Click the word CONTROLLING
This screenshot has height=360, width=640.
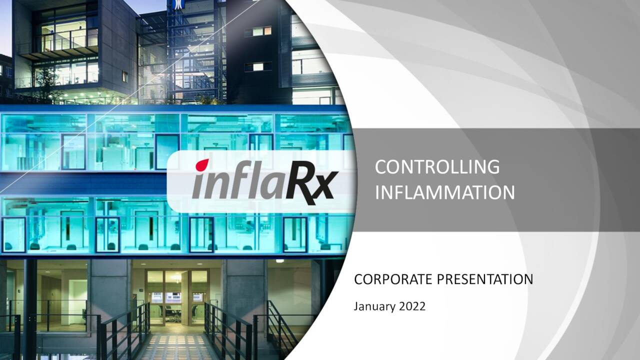436,167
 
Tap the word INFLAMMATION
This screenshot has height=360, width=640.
444,192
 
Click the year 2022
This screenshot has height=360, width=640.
412,306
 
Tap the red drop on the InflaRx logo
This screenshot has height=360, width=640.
202,164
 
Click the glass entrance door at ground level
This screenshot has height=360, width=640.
177,295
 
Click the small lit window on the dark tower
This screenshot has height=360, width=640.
258,31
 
